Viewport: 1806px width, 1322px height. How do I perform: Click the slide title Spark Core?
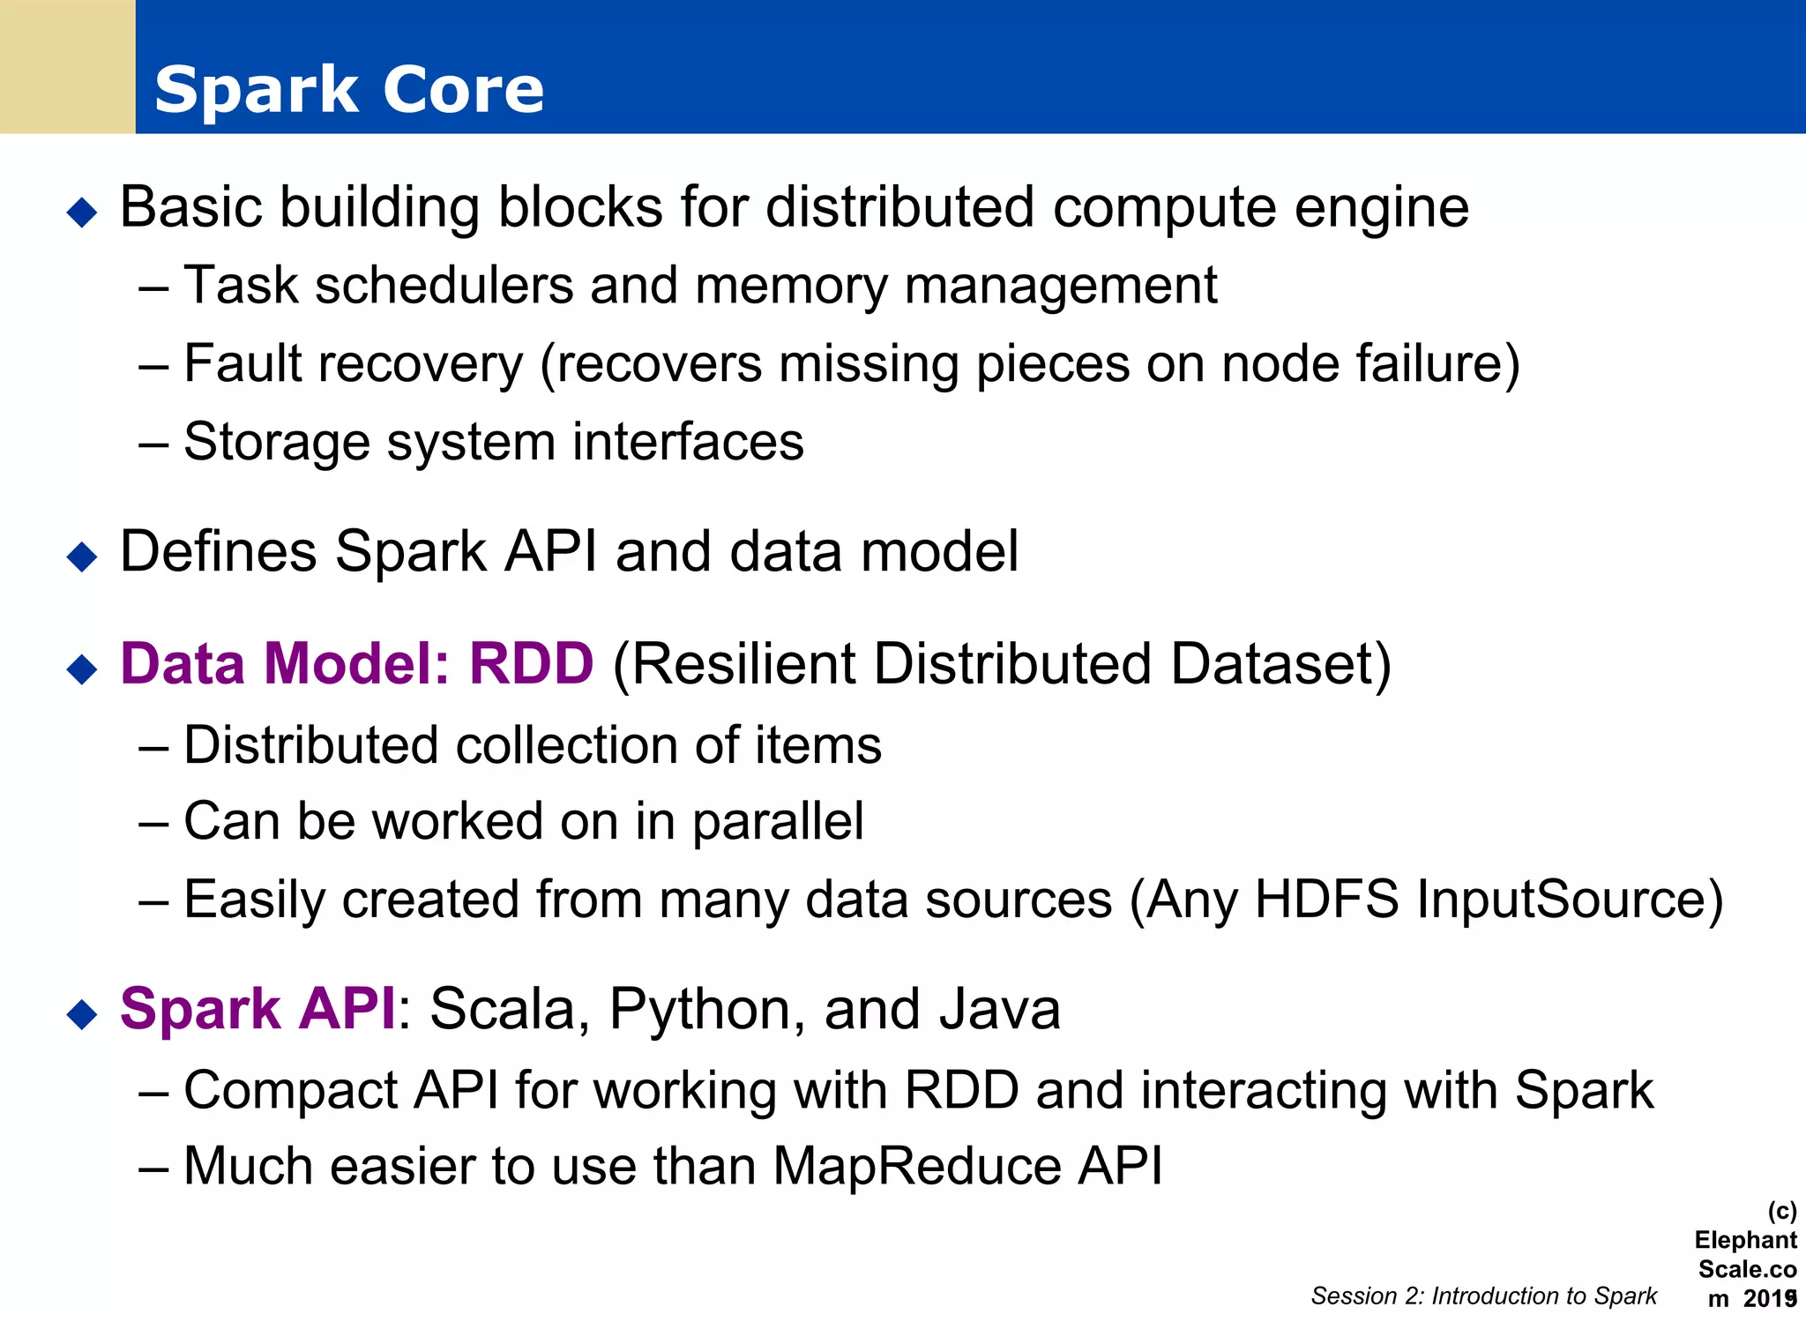pos(349,90)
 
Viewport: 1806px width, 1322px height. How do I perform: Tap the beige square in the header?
pos(67,67)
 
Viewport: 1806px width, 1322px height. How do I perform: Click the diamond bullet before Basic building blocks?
pos(82,213)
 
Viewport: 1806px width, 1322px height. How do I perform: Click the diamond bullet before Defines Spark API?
pos(82,556)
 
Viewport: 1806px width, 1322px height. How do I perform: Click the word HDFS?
pos(1326,900)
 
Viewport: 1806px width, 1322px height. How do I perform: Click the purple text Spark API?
pos(257,1008)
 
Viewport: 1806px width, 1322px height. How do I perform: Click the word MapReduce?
pos(917,1167)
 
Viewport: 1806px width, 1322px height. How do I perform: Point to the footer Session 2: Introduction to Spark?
pos(1483,1296)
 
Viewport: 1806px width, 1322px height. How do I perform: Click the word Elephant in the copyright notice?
pos(1745,1240)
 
